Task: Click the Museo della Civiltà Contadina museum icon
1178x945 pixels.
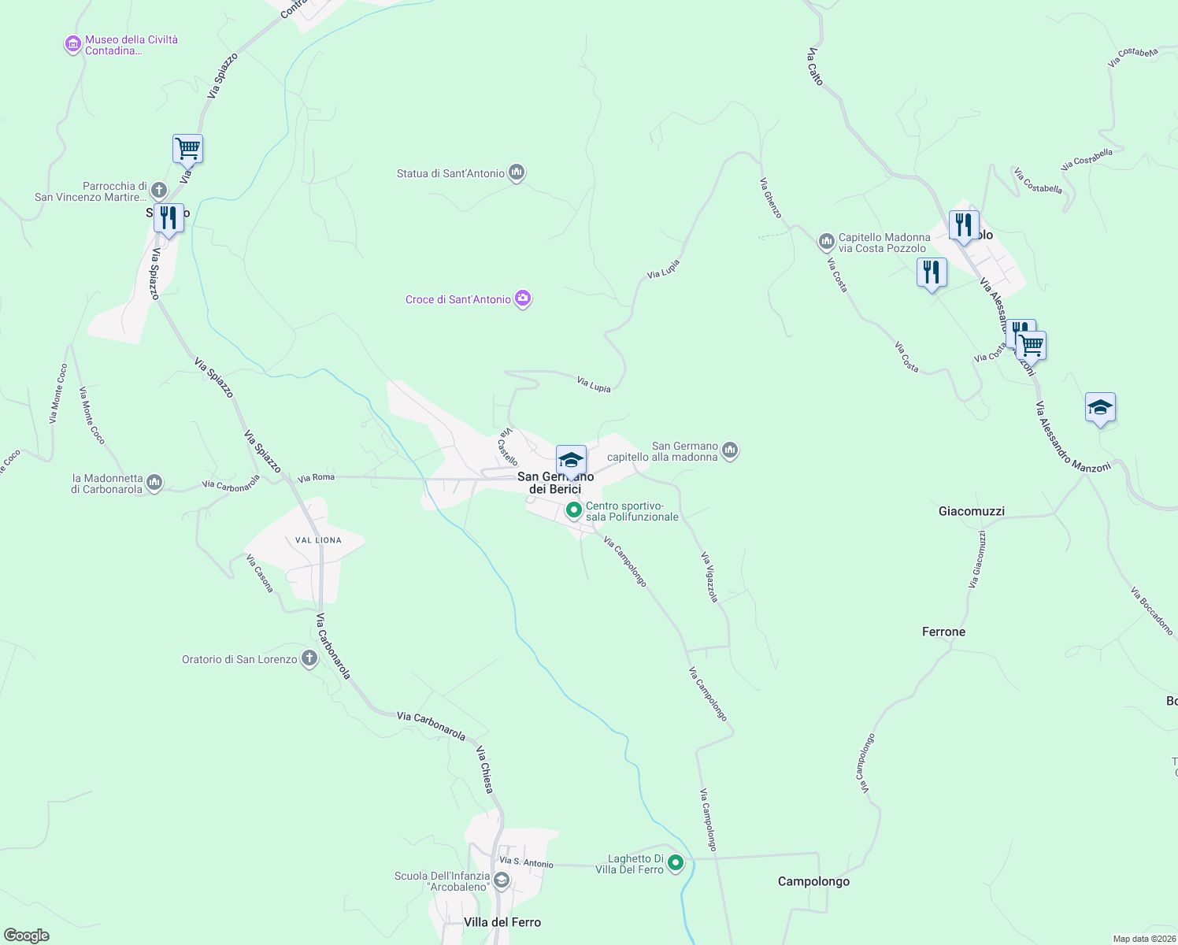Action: point(73,45)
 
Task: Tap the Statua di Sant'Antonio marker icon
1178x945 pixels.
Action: point(517,172)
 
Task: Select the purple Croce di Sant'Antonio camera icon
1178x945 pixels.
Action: point(523,298)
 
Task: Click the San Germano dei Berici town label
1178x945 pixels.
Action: point(555,483)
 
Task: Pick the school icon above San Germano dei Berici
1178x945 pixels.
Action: point(571,460)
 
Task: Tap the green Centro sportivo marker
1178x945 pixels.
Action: point(574,511)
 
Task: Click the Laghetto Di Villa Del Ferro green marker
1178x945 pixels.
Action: point(676,864)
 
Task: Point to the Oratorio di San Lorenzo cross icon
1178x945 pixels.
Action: point(309,659)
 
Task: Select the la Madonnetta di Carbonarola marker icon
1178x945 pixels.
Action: point(154,483)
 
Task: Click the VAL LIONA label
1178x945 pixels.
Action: point(318,540)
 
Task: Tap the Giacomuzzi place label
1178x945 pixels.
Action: point(972,511)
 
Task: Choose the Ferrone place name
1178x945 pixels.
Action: point(943,632)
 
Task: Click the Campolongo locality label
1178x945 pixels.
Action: point(813,881)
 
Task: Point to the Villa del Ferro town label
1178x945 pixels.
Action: point(502,922)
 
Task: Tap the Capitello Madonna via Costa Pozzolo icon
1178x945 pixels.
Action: point(826,242)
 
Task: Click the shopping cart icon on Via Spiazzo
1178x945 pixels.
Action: point(187,148)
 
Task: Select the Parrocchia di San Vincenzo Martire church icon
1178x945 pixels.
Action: point(158,191)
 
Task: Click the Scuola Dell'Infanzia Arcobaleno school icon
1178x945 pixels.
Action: point(502,880)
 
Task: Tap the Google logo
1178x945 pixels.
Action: point(27,936)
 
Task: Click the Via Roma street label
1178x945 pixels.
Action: point(316,477)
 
